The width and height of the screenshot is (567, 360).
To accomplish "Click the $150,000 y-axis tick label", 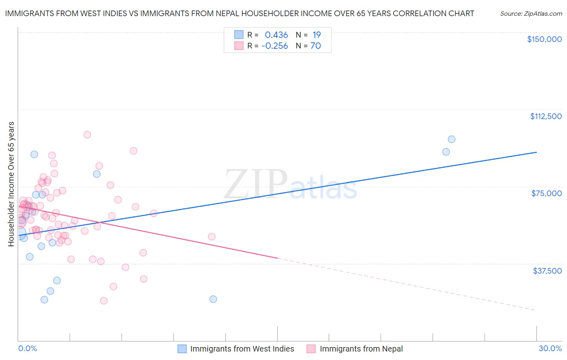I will click(x=544, y=39).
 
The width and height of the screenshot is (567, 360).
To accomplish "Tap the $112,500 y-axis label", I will click(x=546, y=116).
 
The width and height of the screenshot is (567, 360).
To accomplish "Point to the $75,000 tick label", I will click(x=546, y=193).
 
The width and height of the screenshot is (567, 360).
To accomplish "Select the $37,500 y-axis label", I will click(x=547, y=271).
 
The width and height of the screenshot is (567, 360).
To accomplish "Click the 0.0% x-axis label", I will click(x=27, y=348).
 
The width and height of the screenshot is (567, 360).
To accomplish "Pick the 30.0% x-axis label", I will click(x=550, y=348).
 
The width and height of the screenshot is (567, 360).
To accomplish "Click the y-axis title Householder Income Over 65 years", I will click(x=11, y=184).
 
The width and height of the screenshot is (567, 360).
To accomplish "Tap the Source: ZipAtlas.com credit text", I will click(x=531, y=14).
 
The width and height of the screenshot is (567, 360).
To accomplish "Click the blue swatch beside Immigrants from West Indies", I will click(x=182, y=349).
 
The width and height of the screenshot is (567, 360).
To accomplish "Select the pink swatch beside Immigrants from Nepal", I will click(x=311, y=349).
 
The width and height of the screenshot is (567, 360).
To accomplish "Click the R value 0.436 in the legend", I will click(x=276, y=35).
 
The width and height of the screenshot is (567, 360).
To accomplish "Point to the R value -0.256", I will click(x=275, y=46).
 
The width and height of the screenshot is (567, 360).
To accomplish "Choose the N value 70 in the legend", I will click(x=315, y=46).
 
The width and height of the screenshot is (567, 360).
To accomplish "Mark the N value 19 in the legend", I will click(x=316, y=35).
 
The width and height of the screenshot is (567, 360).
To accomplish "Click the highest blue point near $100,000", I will click(x=452, y=139).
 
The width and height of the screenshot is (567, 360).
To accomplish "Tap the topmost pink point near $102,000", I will click(x=87, y=135).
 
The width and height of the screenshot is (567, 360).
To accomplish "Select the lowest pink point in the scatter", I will click(x=104, y=301).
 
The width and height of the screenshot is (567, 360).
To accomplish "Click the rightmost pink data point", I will click(x=212, y=237).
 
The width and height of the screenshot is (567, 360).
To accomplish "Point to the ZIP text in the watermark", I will click(x=256, y=184).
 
